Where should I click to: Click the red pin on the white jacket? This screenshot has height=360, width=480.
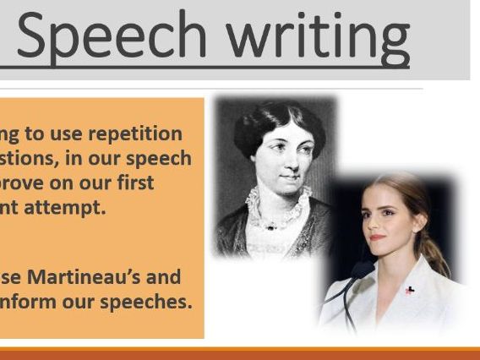tap(409, 291)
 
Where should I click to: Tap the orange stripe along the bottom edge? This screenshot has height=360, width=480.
tap(240, 353)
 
